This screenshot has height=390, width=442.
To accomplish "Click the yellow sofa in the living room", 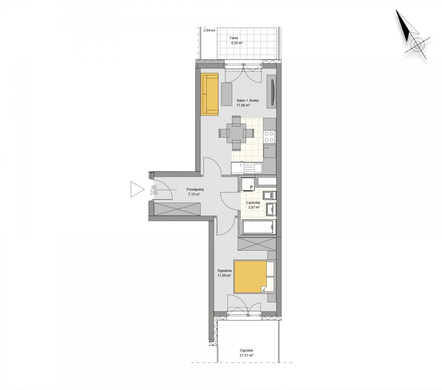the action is [210, 94].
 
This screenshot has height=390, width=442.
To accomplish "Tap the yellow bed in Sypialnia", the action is [250, 276].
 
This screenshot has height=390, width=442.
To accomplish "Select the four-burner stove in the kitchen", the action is [269, 136].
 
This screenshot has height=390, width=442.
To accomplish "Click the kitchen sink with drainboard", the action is [247, 168].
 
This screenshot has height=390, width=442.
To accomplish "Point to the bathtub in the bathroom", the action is [259, 227].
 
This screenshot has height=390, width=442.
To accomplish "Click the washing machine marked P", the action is [248, 184].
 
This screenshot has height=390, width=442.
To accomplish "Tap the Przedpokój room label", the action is [195, 189].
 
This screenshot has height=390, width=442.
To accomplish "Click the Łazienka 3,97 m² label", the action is [253, 205].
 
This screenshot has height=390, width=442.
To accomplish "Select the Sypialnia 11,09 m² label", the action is [224, 273].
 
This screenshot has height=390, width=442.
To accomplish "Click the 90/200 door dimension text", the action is [154, 190].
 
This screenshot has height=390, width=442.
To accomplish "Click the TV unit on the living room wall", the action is [271, 91].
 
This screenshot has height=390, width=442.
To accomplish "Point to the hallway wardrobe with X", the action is [177, 209].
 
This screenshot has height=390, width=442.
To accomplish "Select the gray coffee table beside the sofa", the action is [227, 94].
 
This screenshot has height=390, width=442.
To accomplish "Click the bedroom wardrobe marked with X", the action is [257, 244].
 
